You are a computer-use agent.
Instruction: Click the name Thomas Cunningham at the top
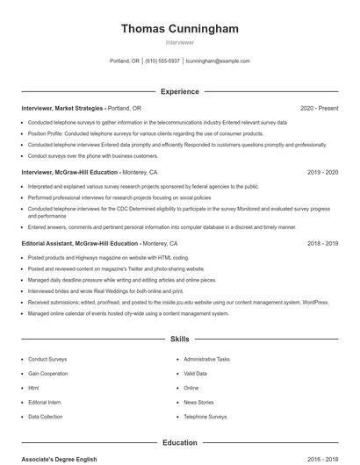click(179, 29)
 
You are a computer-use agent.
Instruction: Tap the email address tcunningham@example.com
click(218, 61)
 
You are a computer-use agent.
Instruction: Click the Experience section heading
click(179, 91)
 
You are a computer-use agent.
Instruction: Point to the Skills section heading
click(179, 338)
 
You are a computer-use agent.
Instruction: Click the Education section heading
click(179, 442)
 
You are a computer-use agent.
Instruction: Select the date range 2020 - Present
click(319, 108)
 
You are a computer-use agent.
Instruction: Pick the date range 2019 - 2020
click(322, 173)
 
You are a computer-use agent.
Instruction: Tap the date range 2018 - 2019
click(322, 243)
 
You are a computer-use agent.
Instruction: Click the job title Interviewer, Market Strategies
click(62, 108)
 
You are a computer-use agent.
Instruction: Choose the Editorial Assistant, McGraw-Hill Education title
click(80, 243)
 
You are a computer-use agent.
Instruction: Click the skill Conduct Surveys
click(47, 359)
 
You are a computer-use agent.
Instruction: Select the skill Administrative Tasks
click(206, 359)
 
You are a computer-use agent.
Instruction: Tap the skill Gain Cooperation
click(47, 373)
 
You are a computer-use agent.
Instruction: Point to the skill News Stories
click(198, 402)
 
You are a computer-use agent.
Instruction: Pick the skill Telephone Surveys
click(205, 416)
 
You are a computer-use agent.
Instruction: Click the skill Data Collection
click(46, 416)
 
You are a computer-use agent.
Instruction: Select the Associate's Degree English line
click(60, 459)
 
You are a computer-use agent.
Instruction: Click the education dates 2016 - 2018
click(322, 459)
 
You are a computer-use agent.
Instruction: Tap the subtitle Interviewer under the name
click(179, 42)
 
